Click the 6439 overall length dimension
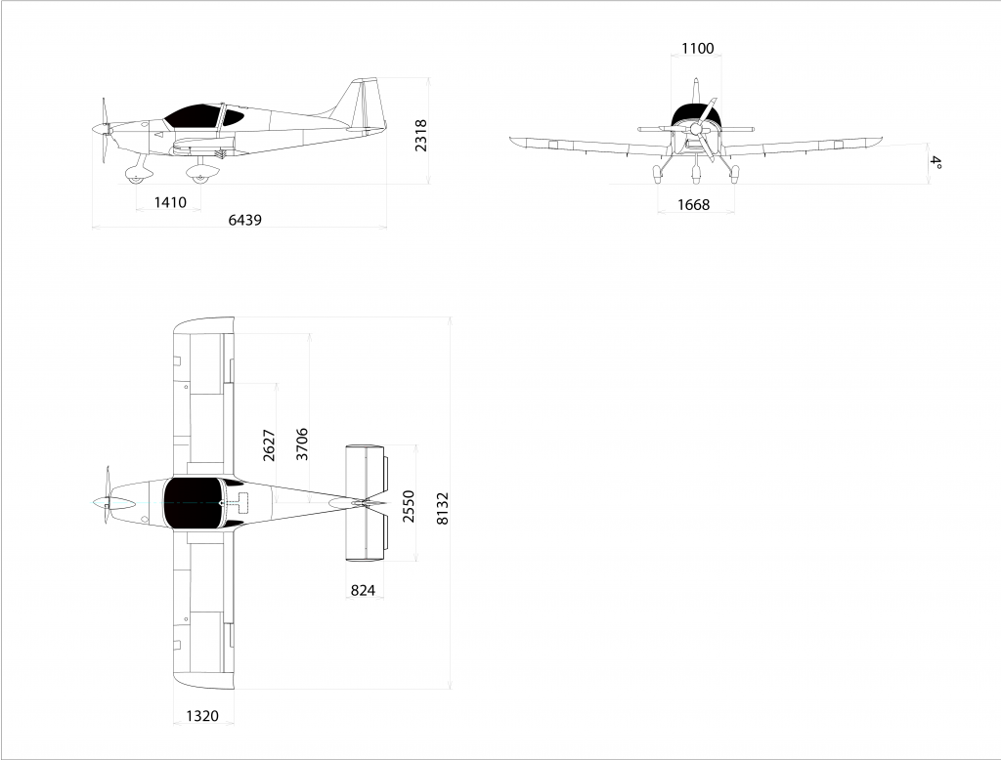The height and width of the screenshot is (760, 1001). [245, 220]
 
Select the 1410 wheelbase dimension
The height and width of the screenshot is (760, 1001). [170, 203]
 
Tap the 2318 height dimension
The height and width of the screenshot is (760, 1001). [421, 135]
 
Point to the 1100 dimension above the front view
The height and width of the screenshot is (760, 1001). [698, 49]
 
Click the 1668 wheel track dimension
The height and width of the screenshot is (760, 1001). [693, 205]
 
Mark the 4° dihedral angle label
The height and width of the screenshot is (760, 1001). [936, 162]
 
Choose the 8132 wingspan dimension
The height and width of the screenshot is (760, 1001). [443, 508]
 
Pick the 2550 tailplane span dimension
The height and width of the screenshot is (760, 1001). [409, 506]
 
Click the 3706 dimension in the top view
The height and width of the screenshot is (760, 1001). [302, 444]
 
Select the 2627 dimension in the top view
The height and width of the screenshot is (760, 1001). [269, 445]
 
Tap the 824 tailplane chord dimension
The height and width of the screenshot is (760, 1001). [363, 591]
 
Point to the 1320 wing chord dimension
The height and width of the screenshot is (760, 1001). [202, 717]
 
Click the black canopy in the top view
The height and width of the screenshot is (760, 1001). [195, 503]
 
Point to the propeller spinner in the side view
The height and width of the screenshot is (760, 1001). [101, 129]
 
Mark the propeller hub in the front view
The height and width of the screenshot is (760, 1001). [696, 129]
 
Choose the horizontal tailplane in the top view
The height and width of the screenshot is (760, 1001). [366, 503]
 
